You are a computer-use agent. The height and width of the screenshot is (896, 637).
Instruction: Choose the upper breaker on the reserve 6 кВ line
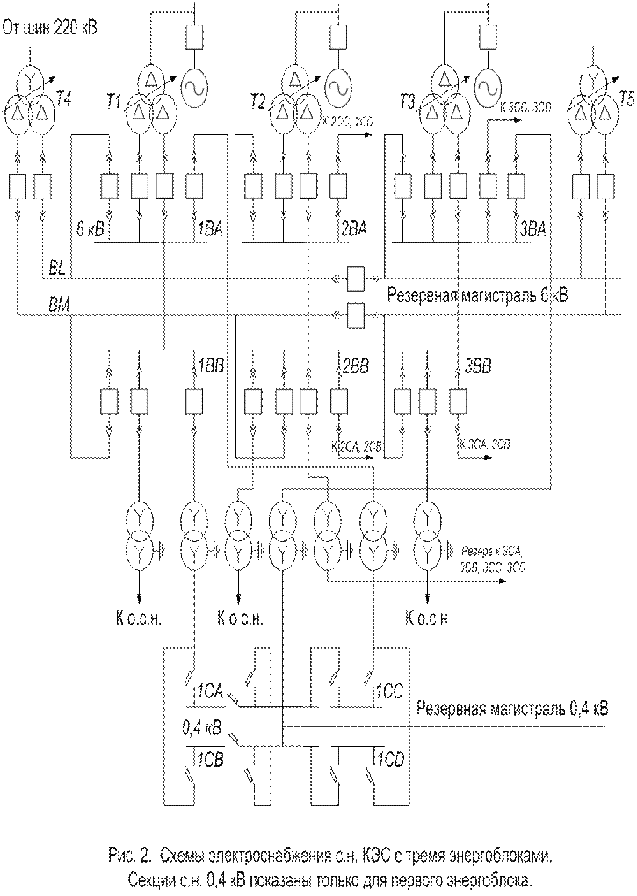coord(356,279)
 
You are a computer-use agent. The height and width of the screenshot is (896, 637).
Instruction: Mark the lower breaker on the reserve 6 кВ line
coord(356,314)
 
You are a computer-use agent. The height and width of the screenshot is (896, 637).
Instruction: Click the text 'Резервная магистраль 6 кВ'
coord(474,293)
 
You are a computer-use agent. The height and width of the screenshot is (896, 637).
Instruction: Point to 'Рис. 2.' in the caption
coord(124,854)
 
